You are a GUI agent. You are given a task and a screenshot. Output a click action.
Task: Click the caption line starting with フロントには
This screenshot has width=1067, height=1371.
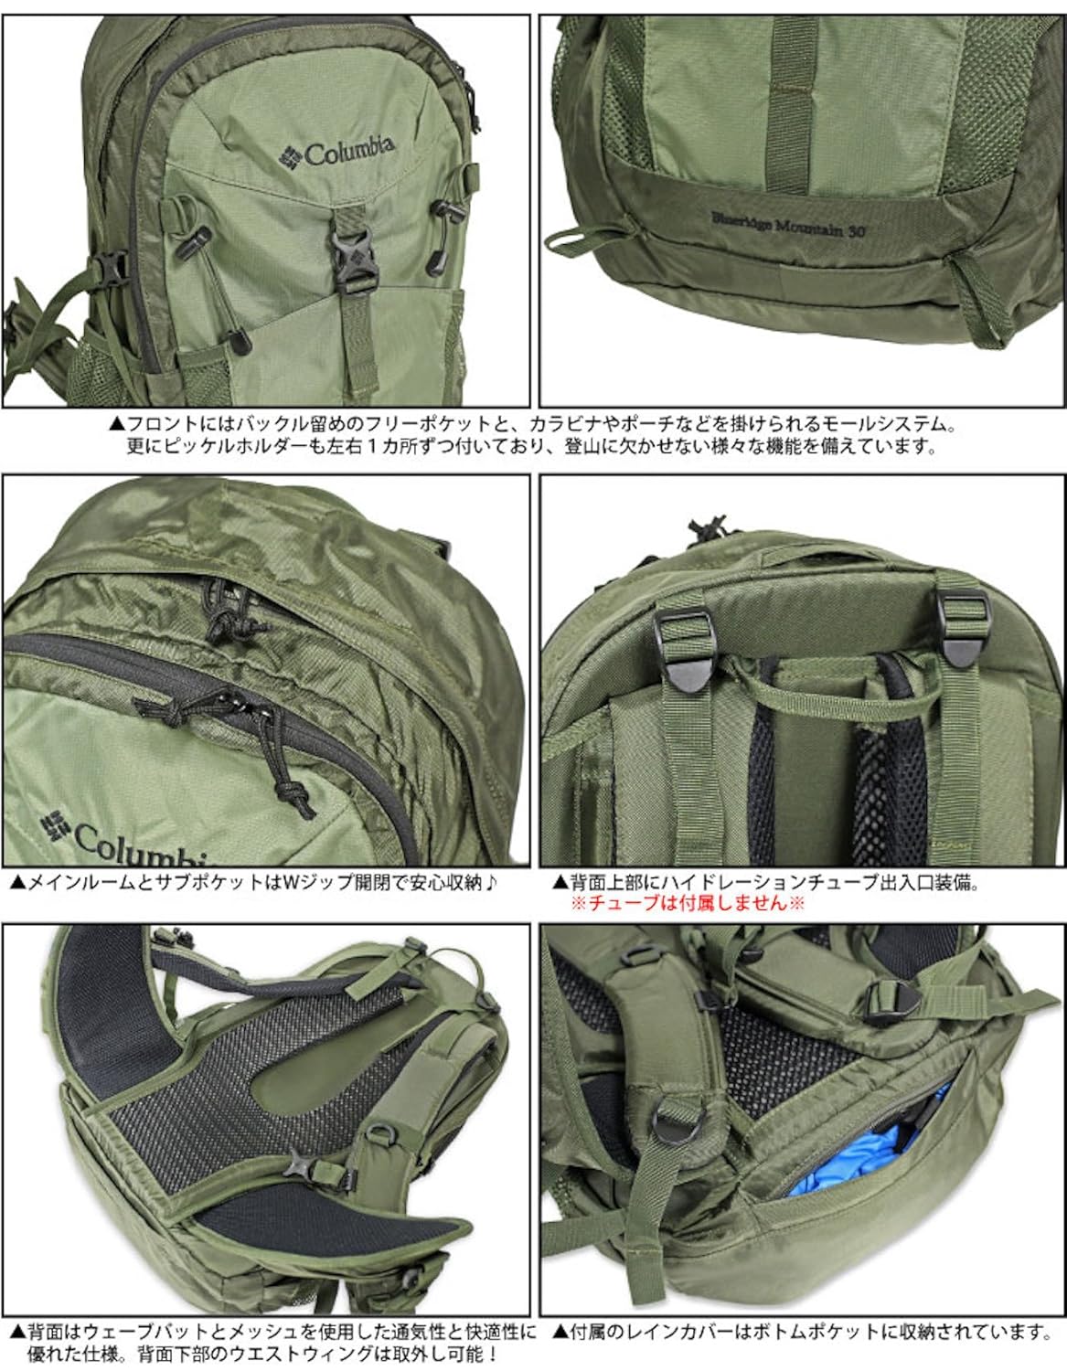point(532,425)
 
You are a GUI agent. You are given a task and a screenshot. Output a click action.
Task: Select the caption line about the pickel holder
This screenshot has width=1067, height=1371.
point(532,447)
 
